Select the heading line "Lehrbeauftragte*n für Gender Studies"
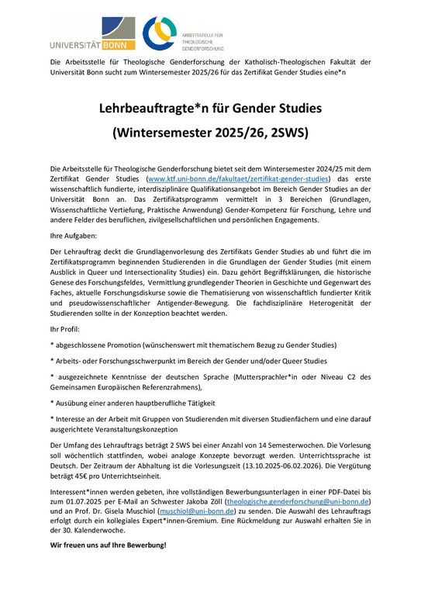coord(210,106)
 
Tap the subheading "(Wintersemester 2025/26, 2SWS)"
coord(210,131)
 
